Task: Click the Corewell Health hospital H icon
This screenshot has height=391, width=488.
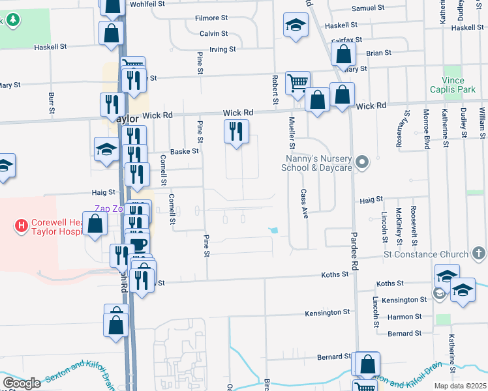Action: [x=22, y=227]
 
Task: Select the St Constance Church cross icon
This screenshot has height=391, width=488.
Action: [x=478, y=253]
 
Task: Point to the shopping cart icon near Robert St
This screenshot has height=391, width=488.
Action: [x=297, y=82]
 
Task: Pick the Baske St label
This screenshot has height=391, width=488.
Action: [x=184, y=151]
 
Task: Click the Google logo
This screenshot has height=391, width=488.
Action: [x=22, y=383]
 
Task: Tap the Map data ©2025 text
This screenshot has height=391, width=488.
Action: [x=461, y=386]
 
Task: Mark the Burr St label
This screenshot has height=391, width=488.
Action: [x=51, y=102]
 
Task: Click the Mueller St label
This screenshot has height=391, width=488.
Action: [x=292, y=130]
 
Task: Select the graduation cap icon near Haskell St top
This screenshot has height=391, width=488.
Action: [x=295, y=26]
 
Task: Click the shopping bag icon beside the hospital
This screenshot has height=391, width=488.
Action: [x=95, y=224]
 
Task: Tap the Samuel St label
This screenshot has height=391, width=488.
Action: [x=369, y=8]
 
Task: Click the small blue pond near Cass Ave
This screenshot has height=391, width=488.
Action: [x=274, y=230]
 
